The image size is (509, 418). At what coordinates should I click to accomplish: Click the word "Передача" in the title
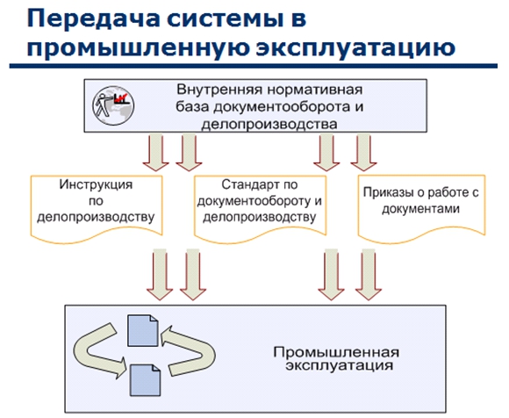coord(94,19)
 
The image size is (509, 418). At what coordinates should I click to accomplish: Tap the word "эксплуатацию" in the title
coord(355,48)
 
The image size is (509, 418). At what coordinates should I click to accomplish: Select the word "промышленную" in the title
coord(138,48)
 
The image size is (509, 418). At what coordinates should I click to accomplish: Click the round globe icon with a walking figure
coord(113,105)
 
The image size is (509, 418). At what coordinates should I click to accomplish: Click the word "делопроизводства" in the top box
coord(269,125)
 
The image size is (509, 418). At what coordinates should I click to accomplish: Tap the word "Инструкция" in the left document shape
coord(96,184)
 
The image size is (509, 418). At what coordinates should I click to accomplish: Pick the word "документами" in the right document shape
coord(420,208)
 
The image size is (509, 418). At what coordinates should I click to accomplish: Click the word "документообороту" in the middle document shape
coord(254,201)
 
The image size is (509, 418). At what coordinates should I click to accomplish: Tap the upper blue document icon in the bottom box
coord(143,330)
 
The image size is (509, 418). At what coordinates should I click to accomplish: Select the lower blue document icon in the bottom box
coord(145,380)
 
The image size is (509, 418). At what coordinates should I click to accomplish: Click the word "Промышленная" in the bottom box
coord(336,352)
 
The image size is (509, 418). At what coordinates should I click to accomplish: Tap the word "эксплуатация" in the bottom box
coord(340,365)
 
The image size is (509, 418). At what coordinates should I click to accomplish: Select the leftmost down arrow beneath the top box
coord(156,152)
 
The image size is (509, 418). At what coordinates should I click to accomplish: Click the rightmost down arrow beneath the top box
coord(363,152)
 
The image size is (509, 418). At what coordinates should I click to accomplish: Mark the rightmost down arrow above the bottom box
coord(368,275)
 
